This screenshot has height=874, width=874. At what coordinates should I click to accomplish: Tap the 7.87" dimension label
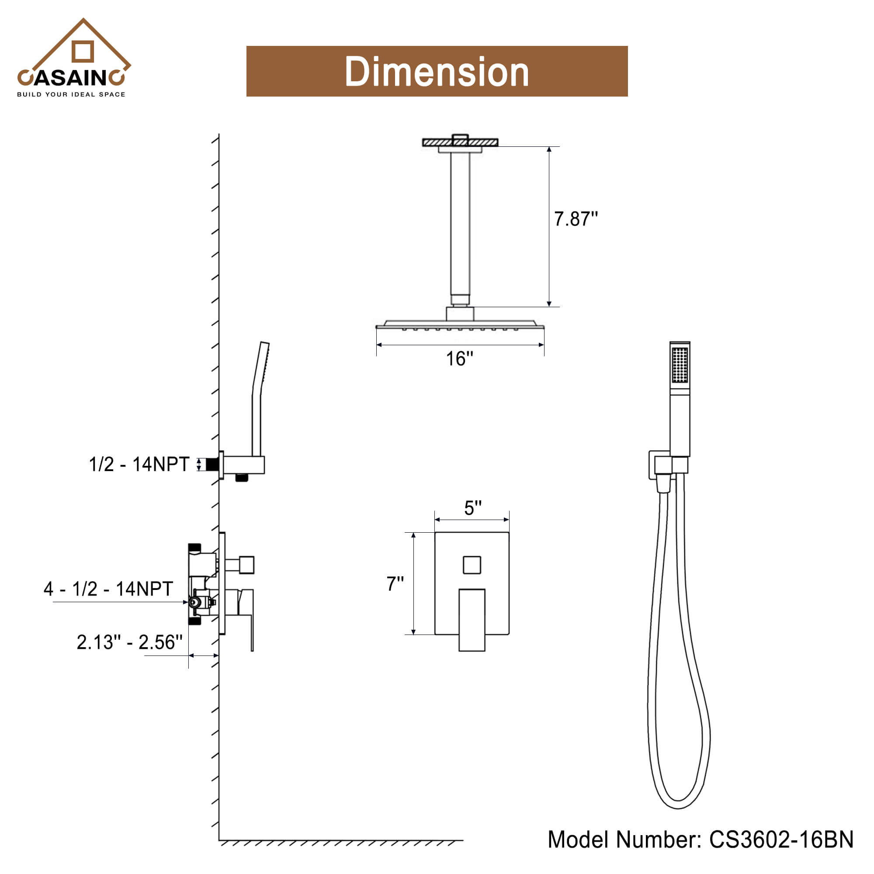coord(576,219)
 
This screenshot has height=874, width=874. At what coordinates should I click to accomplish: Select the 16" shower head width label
coord(459,359)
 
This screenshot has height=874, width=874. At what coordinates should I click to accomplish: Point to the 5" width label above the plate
coord(473,507)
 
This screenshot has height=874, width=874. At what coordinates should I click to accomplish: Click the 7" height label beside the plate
coord(395,583)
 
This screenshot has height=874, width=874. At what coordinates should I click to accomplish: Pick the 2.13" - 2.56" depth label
coord(129,642)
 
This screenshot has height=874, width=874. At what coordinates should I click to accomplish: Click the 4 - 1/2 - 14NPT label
coord(108,589)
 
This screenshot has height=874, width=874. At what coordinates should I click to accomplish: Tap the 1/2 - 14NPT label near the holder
coord(139,464)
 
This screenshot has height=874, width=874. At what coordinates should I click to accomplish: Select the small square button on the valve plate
coord(472,565)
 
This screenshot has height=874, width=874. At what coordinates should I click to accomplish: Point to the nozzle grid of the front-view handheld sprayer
coord(680,364)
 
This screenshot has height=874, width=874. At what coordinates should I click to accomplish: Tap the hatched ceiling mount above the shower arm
coord(460,142)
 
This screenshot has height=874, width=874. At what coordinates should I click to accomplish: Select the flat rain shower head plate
coord(460,324)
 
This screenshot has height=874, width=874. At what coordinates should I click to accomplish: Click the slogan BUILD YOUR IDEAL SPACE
coord(71,94)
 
